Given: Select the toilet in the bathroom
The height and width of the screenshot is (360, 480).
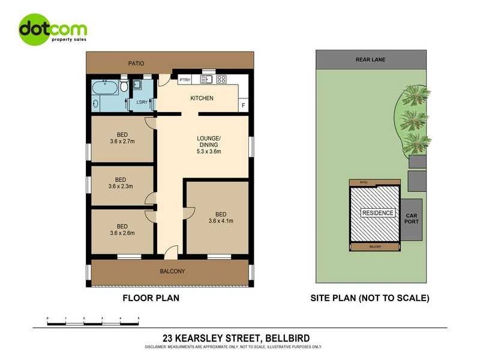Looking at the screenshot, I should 124,86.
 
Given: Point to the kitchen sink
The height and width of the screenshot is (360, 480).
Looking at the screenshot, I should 208,79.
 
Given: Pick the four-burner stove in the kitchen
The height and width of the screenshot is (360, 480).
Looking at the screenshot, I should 221,79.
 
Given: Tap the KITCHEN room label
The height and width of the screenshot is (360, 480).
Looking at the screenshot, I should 202,98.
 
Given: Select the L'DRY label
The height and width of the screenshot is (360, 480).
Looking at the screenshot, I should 142,102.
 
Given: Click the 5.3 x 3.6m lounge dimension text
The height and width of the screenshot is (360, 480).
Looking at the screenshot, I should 209,152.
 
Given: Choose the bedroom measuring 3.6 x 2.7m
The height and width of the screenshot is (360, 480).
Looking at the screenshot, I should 122,139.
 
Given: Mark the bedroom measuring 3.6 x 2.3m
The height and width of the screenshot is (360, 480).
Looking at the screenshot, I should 121,183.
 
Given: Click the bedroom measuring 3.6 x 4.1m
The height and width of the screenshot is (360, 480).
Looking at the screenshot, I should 220,218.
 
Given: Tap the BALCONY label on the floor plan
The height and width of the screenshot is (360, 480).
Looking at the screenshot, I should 172,271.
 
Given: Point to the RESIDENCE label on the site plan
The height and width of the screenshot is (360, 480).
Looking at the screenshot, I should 378,213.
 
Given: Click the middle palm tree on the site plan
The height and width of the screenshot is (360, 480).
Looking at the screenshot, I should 413,119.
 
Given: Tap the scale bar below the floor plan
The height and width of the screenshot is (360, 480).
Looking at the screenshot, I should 93,323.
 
